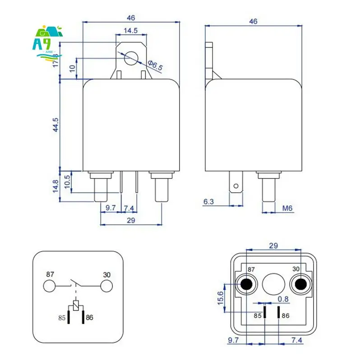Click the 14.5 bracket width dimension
coord(131,31)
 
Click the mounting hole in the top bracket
coord(131,57)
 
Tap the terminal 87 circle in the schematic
coord(49,286)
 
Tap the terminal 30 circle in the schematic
coord(106,286)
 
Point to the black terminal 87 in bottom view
coord(246,284)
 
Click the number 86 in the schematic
coord(89,318)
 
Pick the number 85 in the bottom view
coord(257,316)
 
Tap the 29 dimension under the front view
coord(131,221)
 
